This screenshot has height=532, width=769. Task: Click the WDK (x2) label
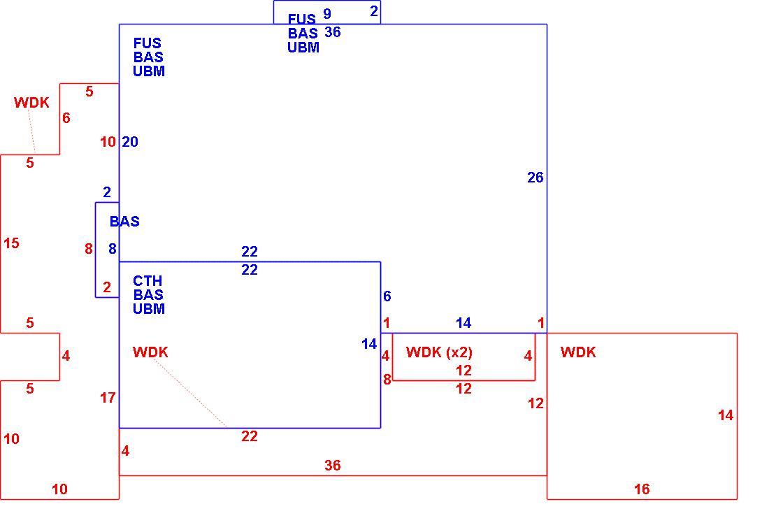440,352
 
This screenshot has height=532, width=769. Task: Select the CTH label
147,281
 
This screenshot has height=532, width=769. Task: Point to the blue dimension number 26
535,178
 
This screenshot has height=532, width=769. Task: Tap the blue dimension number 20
130,142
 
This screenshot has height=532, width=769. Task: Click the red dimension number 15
11,243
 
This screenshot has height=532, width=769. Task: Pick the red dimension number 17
108,398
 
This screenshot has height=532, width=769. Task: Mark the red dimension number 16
642,489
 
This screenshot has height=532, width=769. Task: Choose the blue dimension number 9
327,14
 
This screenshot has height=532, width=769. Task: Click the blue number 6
387,296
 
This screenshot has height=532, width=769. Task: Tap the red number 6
66,117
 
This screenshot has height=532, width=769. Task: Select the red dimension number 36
333,466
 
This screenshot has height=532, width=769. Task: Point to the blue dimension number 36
333,32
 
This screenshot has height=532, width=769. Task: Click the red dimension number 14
726,415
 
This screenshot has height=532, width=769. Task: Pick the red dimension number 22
249,436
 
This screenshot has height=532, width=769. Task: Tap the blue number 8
113,249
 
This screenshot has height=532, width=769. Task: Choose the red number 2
107,287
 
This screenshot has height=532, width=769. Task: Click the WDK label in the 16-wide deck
577,352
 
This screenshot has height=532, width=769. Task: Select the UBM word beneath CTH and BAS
149,309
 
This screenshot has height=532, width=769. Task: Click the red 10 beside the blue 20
108,142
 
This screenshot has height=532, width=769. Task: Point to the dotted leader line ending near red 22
189,393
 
